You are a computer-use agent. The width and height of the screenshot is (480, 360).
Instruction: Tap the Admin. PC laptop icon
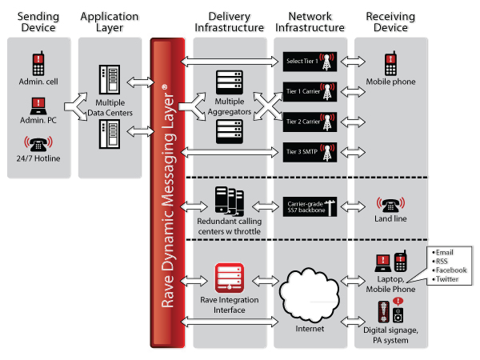pos(38,103)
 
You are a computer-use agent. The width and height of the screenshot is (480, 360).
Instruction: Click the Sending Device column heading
pos(37,22)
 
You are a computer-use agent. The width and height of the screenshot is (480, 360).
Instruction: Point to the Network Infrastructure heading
pos(310,22)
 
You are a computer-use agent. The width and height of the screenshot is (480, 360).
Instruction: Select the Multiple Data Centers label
pos(110,109)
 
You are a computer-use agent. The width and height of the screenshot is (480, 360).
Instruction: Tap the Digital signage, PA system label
pos(390,334)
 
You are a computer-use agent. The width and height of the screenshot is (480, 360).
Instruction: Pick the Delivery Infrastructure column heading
pos(230,22)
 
